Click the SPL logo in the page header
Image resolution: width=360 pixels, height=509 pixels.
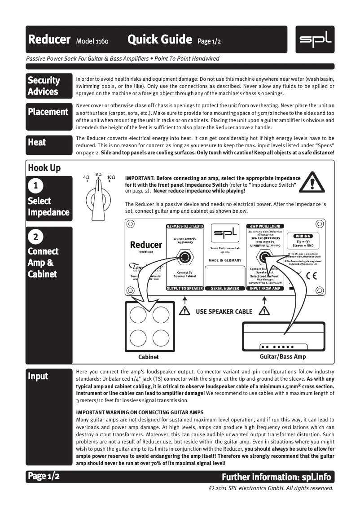tap(315, 39)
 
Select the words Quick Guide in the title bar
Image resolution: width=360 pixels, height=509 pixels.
tap(159, 40)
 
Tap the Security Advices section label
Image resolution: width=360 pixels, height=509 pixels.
tap(44, 86)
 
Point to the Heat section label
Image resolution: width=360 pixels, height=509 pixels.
tap(37, 142)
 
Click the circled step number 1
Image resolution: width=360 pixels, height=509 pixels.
tap(35, 185)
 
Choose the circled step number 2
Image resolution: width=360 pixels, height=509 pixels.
tap(35, 237)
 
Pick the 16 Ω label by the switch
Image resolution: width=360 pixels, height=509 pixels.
tap(111, 178)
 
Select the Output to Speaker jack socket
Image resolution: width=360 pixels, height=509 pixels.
tap(184, 258)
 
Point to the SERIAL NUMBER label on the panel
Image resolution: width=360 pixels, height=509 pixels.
tap(224, 289)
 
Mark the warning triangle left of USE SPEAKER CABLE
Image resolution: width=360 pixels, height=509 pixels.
tap(184, 311)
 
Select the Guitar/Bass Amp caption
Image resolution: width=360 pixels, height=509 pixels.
tap(283, 356)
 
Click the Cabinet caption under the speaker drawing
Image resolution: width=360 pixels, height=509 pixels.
tap(149, 357)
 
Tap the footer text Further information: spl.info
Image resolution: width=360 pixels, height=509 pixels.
tap(277, 476)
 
